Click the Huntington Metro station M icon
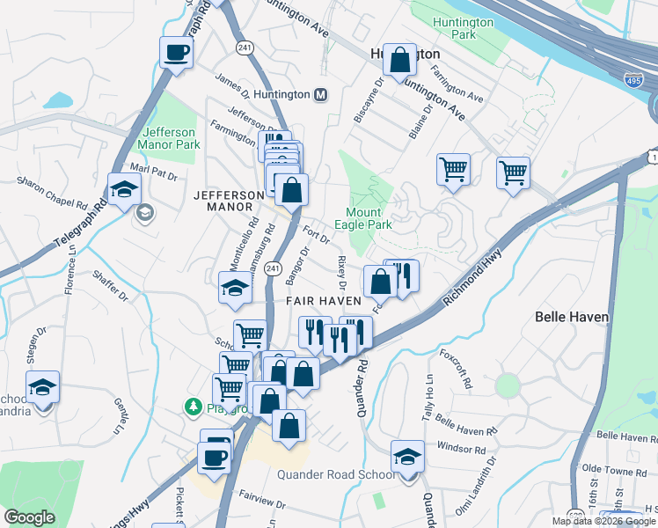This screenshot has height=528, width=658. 320,94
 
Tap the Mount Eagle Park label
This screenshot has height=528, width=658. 363,218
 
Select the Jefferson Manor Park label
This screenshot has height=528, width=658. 170,138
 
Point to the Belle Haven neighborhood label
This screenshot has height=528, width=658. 570,314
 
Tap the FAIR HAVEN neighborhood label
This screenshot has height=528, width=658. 324,301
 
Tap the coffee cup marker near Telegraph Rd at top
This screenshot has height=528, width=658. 177,51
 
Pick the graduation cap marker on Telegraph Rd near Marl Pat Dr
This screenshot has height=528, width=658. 124,187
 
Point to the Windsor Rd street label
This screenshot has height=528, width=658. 462,448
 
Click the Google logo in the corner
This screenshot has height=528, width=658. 30,517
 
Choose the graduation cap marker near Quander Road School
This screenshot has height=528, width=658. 407,456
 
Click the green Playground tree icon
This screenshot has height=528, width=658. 193,407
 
